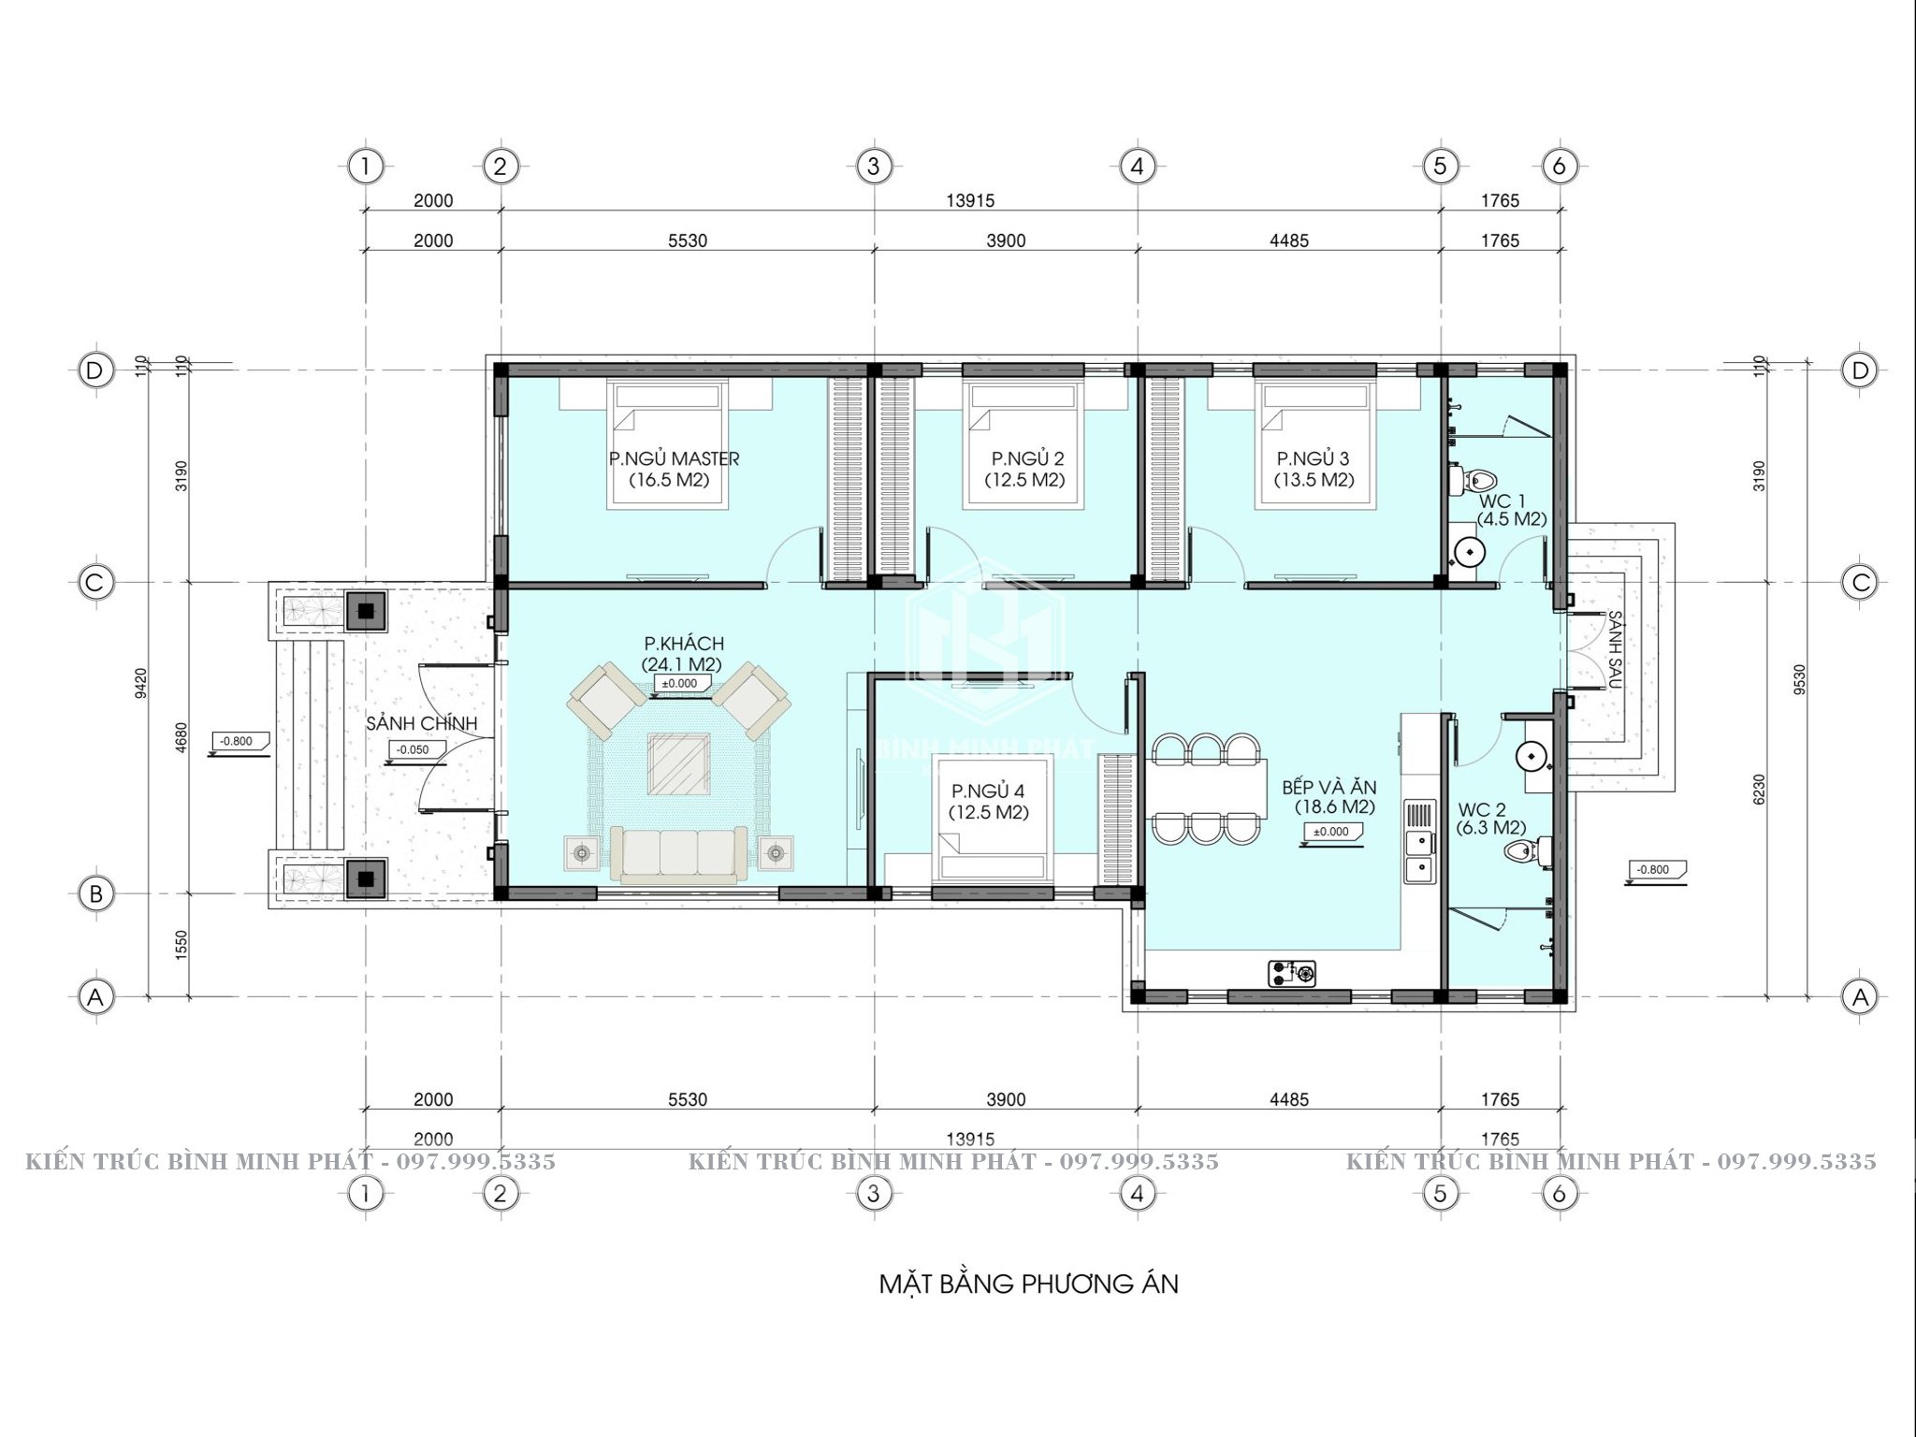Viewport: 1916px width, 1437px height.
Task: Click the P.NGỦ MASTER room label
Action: [x=674, y=458]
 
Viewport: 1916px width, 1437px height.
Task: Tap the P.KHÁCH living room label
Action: [x=683, y=644]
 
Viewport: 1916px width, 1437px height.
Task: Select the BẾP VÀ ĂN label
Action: [x=1328, y=788]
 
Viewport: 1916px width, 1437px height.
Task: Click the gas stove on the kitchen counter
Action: [x=1291, y=973]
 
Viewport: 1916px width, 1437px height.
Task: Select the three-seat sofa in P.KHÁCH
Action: [x=673, y=854]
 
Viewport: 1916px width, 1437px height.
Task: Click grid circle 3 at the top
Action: [x=874, y=167]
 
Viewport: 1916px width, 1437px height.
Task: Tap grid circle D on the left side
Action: [x=94, y=370]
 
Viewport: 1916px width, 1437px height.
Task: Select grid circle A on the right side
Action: [x=1860, y=997]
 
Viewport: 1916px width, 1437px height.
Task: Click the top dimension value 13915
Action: [x=969, y=200]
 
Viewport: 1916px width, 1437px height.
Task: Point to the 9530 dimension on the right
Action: [x=1799, y=680]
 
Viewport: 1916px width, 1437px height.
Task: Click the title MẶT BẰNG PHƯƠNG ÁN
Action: [x=1028, y=1284]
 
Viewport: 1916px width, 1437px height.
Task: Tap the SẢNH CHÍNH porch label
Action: [x=421, y=723]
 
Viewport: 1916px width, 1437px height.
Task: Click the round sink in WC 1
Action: [x=1469, y=553]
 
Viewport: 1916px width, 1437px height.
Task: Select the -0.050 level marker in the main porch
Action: [x=412, y=750]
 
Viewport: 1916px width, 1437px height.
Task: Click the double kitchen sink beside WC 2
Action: [x=1419, y=856]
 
